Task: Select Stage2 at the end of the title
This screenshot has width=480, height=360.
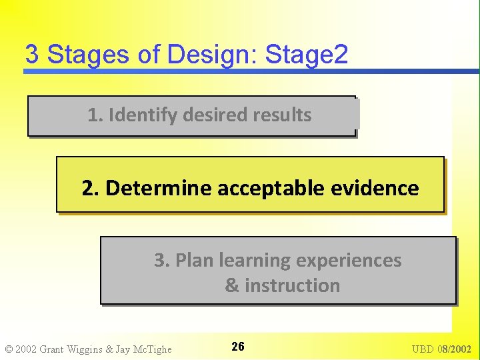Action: click(307, 55)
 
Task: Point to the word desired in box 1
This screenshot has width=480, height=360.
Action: click(215, 115)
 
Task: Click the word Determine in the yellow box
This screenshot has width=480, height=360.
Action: click(157, 188)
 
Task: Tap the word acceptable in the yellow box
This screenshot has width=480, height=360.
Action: click(272, 188)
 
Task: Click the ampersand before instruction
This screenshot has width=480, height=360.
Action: click(232, 286)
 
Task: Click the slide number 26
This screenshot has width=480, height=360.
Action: click(238, 347)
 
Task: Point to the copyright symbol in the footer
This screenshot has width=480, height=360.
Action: click(9, 349)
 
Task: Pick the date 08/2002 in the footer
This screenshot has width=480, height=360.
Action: click(457, 349)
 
